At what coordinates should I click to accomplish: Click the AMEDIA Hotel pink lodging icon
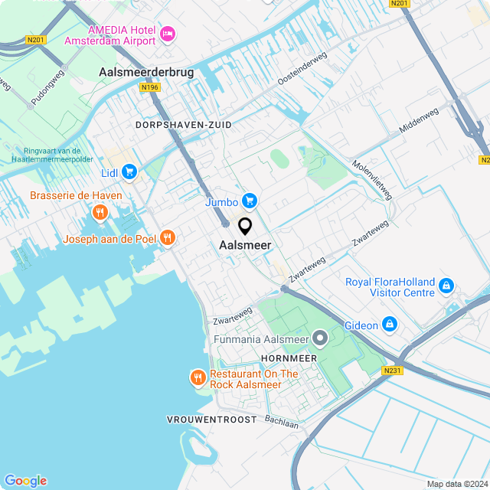[168, 34]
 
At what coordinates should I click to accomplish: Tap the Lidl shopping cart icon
[129, 172]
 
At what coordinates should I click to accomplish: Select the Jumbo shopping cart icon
[248, 201]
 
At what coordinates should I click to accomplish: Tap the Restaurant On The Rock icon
[198, 377]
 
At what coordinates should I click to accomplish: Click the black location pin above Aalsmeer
[245, 227]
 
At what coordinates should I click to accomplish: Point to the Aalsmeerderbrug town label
[146, 72]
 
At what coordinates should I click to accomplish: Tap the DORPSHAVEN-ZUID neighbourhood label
[183, 124]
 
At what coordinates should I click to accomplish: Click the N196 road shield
[149, 88]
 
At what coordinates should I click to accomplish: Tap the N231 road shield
[390, 371]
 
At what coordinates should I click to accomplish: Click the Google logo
[24, 480]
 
